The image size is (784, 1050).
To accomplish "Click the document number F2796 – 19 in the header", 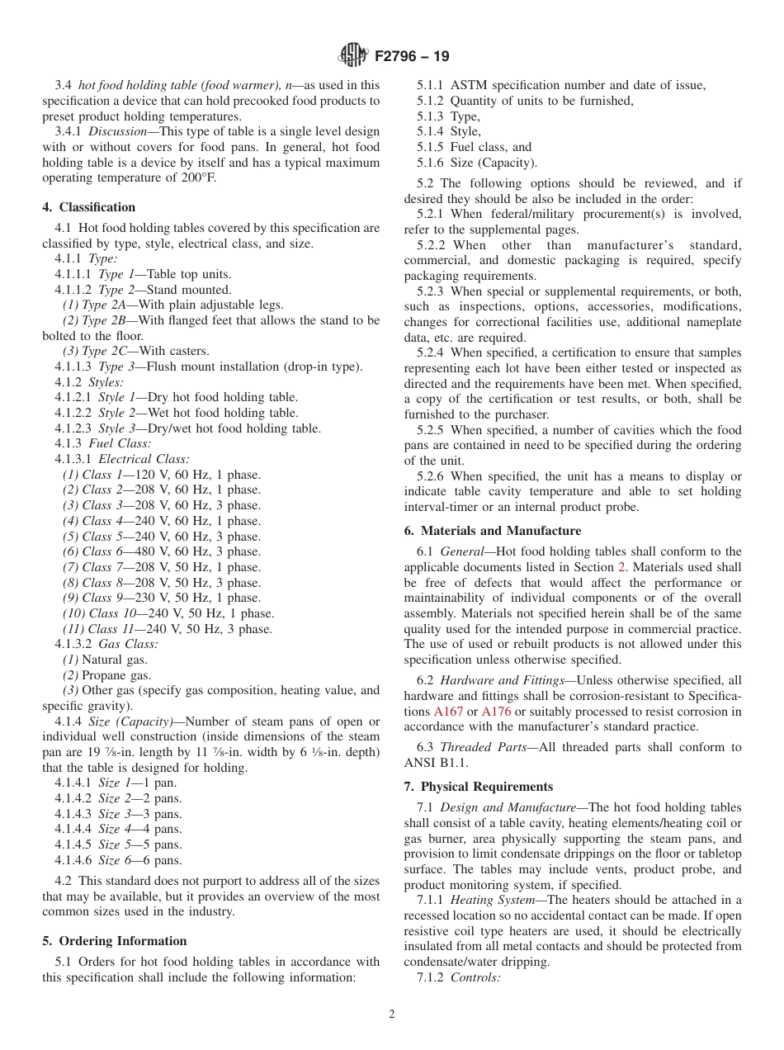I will (x=412, y=57).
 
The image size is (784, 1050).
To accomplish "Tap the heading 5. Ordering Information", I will (x=115, y=941).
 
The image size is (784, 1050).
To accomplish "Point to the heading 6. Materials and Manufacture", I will (x=493, y=531).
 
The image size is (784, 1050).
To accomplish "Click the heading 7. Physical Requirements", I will (x=479, y=787).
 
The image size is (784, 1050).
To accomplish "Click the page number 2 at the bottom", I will (x=392, y=1015).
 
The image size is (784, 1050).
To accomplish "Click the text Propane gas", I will (x=116, y=675).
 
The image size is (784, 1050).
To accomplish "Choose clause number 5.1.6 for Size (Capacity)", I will (x=430, y=163).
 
